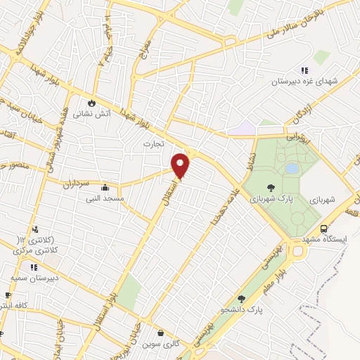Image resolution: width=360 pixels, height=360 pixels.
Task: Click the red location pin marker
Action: click(181, 165)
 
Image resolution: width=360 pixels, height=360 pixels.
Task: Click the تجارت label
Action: click(153, 143)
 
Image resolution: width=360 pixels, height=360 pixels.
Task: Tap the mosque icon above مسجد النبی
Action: click(105, 188)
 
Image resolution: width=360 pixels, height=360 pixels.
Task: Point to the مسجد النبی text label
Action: click(105, 199)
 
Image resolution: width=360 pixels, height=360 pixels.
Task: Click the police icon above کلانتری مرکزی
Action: click(34, 229)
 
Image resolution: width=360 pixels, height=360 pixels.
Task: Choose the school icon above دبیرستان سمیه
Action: click(33, 266)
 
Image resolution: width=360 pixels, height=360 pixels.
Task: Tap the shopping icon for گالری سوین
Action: click(162, 333)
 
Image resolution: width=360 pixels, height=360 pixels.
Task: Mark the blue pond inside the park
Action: click(290, 169)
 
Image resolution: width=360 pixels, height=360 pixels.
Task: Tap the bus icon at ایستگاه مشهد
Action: click(323, 229)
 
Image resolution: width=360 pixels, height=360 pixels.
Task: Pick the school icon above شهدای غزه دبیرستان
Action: click(304, 70)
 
